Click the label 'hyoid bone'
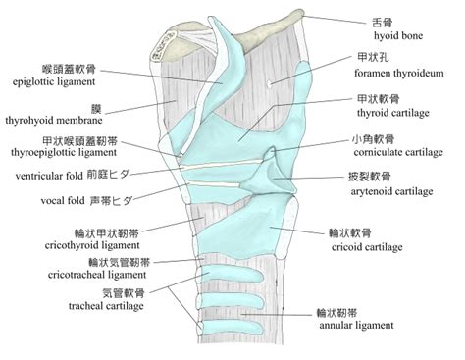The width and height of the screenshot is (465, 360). [398, 35]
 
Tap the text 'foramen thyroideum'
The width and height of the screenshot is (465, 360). [399, 73]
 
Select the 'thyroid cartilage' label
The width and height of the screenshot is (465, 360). [393, 113]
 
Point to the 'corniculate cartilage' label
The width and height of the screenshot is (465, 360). [398, 152]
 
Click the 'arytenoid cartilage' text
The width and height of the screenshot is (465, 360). [391, 191]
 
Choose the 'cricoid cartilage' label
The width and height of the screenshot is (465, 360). [367, 247]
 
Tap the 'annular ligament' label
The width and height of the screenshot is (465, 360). [356, 326]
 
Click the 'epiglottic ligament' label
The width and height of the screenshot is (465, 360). [54, 81]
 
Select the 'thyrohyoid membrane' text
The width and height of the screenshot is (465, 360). [54, 121]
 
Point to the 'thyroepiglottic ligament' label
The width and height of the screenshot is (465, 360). [64, 152]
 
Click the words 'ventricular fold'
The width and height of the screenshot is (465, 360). [49, 176]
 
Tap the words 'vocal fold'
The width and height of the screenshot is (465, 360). [63, 200]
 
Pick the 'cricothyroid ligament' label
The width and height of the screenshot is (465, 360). [92, 245]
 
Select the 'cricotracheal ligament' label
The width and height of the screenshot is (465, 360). [97, 275]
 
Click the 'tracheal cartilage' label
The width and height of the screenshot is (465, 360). [106, 306]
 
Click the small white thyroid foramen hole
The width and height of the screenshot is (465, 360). [269, 83]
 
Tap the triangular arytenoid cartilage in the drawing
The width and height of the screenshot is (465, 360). [268, 179]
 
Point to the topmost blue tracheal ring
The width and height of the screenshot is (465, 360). [232, 276]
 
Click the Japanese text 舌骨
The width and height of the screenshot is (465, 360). [383, 23]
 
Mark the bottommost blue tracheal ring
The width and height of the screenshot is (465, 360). [232, 328]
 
